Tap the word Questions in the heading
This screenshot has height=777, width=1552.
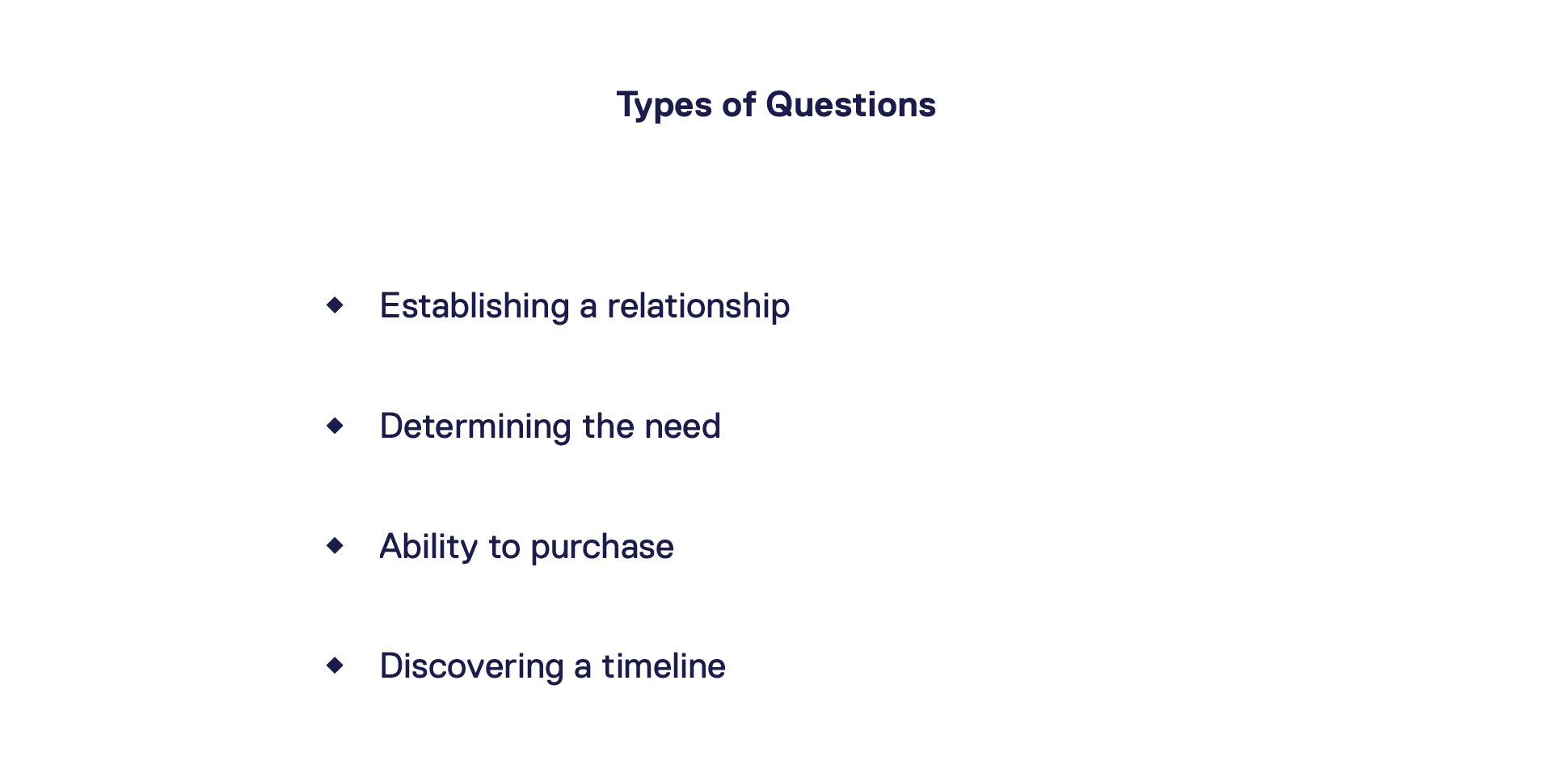tap(850, 104)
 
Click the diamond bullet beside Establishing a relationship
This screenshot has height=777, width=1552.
tap(335, 305)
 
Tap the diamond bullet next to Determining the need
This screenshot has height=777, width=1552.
tap(335, 426)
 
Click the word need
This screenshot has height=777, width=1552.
tap(682, 426)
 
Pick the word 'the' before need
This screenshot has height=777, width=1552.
tap(607, 426)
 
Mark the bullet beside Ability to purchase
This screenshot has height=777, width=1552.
tap(335, 546)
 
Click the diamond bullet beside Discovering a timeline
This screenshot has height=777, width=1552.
tap(335, 666)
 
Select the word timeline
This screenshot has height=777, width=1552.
tap(664, 666)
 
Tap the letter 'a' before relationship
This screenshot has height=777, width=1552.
tap(588, 309)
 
